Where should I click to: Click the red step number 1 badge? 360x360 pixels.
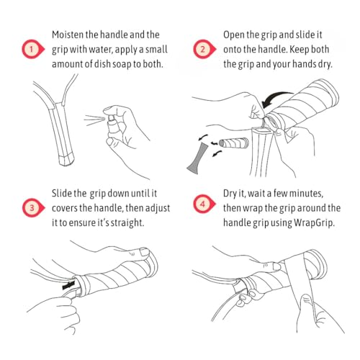click(33, 49)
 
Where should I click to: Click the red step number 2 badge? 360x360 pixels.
click(204, 49)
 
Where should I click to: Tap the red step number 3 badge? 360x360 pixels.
click(33, 208)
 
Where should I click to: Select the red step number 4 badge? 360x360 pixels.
click(204, 204)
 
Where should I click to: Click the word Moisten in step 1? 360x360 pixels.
click(68, 35)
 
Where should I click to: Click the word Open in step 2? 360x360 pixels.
click(233, 35)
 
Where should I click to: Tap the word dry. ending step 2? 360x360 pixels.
click(325, 64)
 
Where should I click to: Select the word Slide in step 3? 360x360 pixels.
click(62, 194)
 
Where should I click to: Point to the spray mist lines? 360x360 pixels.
click(94, 120)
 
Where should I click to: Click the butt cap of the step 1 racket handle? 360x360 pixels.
click(66, 160)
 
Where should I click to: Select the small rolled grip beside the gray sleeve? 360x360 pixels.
click(234, 143)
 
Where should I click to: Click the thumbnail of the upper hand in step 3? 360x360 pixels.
click(145, 251)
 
